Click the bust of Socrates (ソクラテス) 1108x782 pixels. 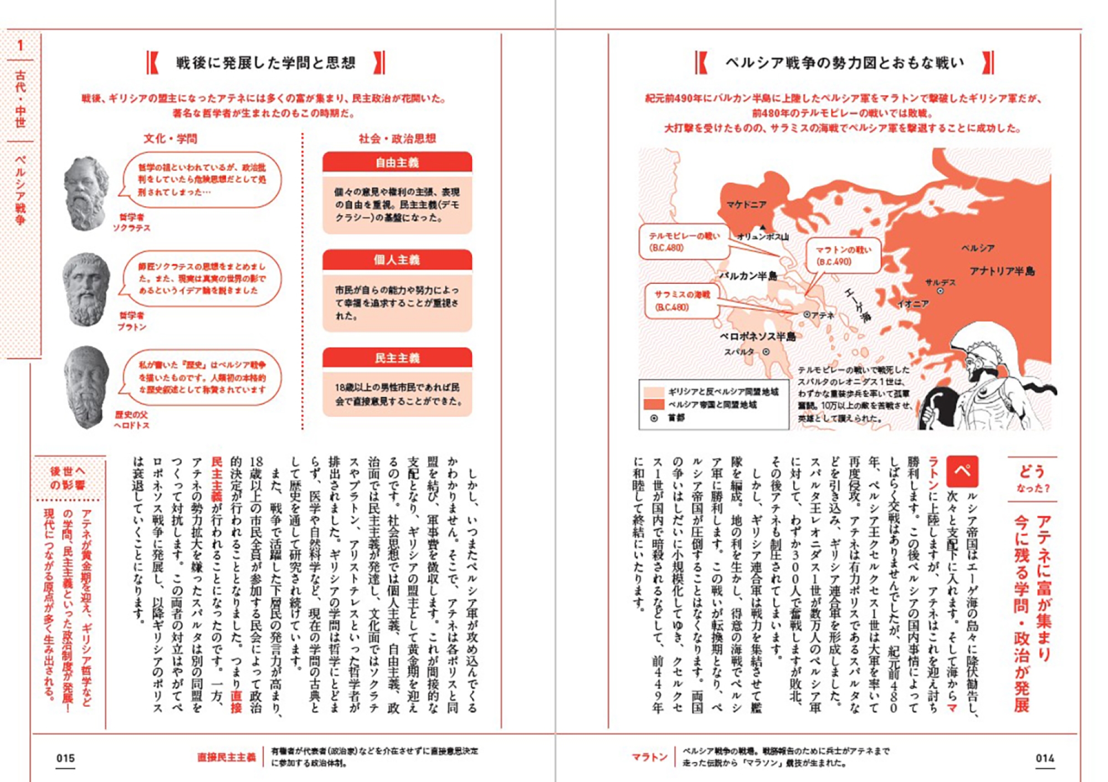click(86, 191)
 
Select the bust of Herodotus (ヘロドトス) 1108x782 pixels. click(86, 386)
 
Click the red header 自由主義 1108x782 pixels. click(397, 162)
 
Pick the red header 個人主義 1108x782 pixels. click(397, 260)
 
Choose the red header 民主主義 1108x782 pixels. click(397, 358)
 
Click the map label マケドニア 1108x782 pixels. click(746, 205)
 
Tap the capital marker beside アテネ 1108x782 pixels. click(807, 314)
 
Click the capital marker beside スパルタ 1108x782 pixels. click(766, 352)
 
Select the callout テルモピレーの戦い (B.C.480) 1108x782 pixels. click(684, 242)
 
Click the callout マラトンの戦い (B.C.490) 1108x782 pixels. click(843, 255)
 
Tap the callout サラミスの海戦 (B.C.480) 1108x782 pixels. click(682, 300)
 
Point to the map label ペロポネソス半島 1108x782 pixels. click(757, 336)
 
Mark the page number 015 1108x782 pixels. click(65, 758)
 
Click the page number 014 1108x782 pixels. click(1044, 758)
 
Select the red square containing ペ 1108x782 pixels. click(962, 471)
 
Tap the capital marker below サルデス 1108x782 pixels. click(940, 291)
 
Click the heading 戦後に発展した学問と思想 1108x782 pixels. click(265, 63)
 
